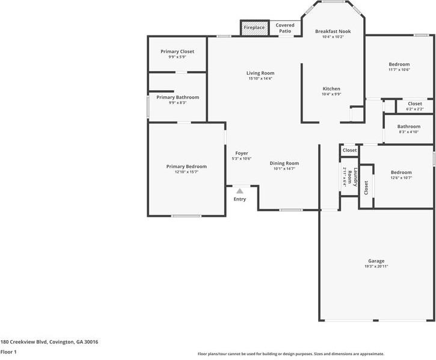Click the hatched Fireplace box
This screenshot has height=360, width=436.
254,28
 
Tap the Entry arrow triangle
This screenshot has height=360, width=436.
239,191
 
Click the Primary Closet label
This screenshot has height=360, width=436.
177,52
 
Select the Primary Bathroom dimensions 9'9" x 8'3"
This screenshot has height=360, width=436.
177,103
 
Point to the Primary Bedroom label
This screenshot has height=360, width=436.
186,166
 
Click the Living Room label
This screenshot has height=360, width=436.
260,73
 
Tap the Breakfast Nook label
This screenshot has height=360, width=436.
333,31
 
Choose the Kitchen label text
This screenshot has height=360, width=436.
331,88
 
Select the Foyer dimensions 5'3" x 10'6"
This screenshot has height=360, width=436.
241,159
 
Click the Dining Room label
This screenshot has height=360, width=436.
284,163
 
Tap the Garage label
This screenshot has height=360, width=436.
376,261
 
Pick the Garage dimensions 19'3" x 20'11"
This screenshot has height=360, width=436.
376,266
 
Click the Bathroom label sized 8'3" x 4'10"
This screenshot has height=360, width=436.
408,126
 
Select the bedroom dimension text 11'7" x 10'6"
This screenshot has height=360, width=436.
399,70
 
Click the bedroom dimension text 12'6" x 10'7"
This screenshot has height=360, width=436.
401,178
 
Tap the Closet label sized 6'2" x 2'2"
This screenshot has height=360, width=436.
415,104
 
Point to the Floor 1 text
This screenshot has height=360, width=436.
8,352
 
